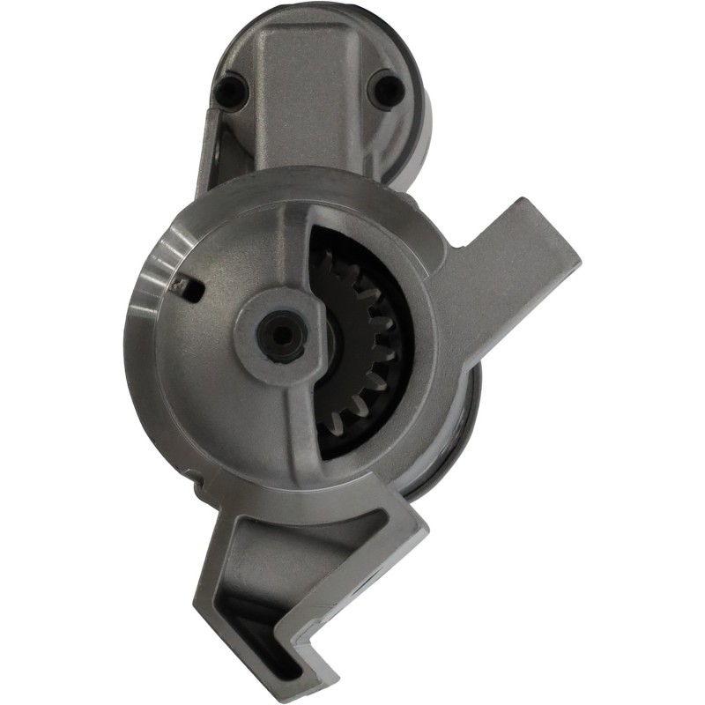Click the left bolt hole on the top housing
pos(232,88)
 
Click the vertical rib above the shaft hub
pos(296,247)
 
